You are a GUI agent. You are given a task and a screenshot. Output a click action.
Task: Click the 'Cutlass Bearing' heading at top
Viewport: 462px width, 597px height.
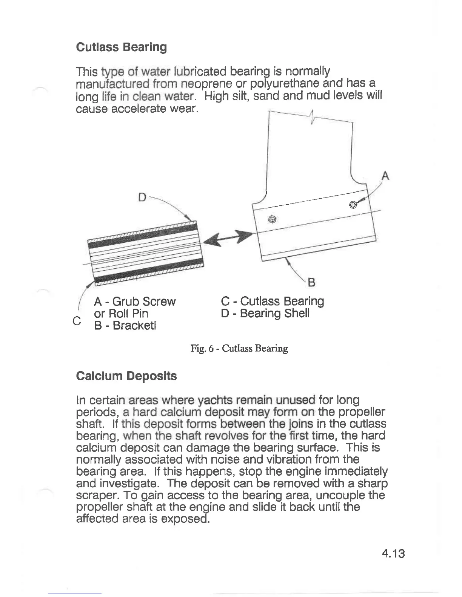pyautogui.click(x=121, y=47)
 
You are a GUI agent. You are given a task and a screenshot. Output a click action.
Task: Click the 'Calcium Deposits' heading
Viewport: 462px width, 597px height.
pyautogui.click(x=126, y=376)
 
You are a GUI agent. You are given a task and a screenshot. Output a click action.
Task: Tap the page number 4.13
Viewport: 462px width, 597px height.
pyautogui.click(x=393, y=553)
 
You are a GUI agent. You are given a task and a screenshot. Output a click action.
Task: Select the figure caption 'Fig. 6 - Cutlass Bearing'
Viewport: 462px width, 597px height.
pyautogui.click(x=239, y=348)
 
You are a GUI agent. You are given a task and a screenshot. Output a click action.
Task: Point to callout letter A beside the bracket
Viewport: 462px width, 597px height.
pyautogui.click(x=385, y=176)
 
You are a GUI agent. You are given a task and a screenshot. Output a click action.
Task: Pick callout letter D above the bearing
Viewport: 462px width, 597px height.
pyautogui.click(x=142, y=197)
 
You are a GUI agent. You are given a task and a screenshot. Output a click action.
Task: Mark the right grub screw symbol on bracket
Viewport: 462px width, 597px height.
pyautogui.click(x=353, y=205)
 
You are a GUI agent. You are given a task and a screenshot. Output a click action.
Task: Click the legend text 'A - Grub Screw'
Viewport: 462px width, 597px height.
pyautogui.click(x=135, y=302)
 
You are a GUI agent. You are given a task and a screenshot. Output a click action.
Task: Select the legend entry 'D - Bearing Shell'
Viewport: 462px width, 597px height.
pyautogui.click(x=265, y=313)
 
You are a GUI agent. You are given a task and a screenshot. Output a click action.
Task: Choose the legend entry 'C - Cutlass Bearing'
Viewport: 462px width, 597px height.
pyautogui.click(x=272, y=302)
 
